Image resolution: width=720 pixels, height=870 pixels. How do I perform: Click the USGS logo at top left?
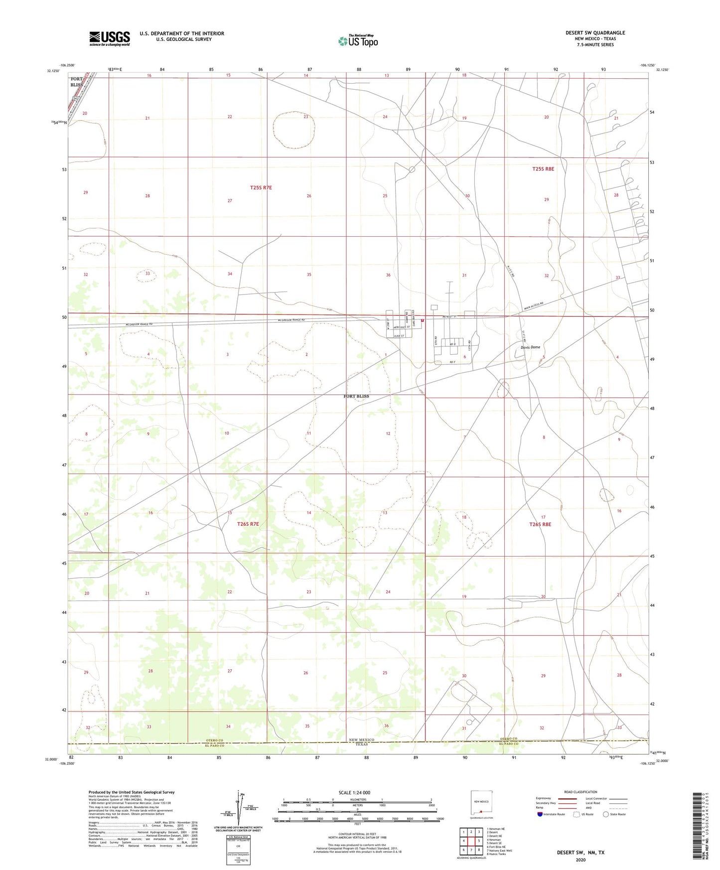coord(109,38)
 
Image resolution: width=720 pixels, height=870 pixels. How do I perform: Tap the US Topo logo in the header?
coord(358,41)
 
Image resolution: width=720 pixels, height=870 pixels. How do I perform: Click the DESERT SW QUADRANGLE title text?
coord(595,33)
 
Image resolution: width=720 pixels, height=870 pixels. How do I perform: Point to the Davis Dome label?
coord(530,347)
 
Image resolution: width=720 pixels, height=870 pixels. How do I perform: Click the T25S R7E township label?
coord(261,188)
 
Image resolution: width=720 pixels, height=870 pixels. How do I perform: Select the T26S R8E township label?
coord(540,524)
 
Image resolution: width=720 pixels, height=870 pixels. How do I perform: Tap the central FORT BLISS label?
coord(356,396)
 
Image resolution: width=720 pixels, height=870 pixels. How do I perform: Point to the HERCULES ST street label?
coord(402,327)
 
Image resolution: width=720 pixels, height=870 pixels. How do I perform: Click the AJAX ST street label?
coord(399,336)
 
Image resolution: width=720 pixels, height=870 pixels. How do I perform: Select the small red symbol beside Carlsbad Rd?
coord(423,321)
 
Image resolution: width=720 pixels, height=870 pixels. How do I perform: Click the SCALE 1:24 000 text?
coord(354,792)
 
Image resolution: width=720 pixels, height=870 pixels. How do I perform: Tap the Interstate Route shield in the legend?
coord(540,814)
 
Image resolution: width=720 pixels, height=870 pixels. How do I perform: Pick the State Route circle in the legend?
coord(606,814)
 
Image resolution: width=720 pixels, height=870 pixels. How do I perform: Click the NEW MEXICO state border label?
coord(361,740)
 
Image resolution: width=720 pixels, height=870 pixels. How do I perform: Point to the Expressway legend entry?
coord(544,798)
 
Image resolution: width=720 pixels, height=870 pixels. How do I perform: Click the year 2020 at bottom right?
coord(580,860)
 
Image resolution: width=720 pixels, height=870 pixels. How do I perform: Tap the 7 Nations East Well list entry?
coord(499,851)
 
